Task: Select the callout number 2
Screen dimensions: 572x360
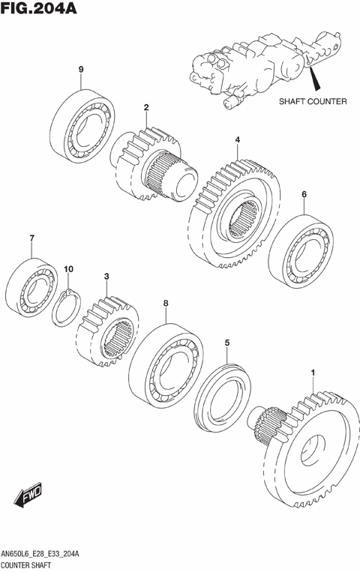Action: pos(147,107)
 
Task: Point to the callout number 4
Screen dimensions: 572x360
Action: pos(237,140)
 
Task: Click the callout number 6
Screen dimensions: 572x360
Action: pos(304,195)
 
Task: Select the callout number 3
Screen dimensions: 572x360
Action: pos(107,277)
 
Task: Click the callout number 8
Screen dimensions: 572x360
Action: pos(166,303)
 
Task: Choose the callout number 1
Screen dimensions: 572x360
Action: pos(313,372)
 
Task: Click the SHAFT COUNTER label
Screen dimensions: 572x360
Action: pos(313,102)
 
